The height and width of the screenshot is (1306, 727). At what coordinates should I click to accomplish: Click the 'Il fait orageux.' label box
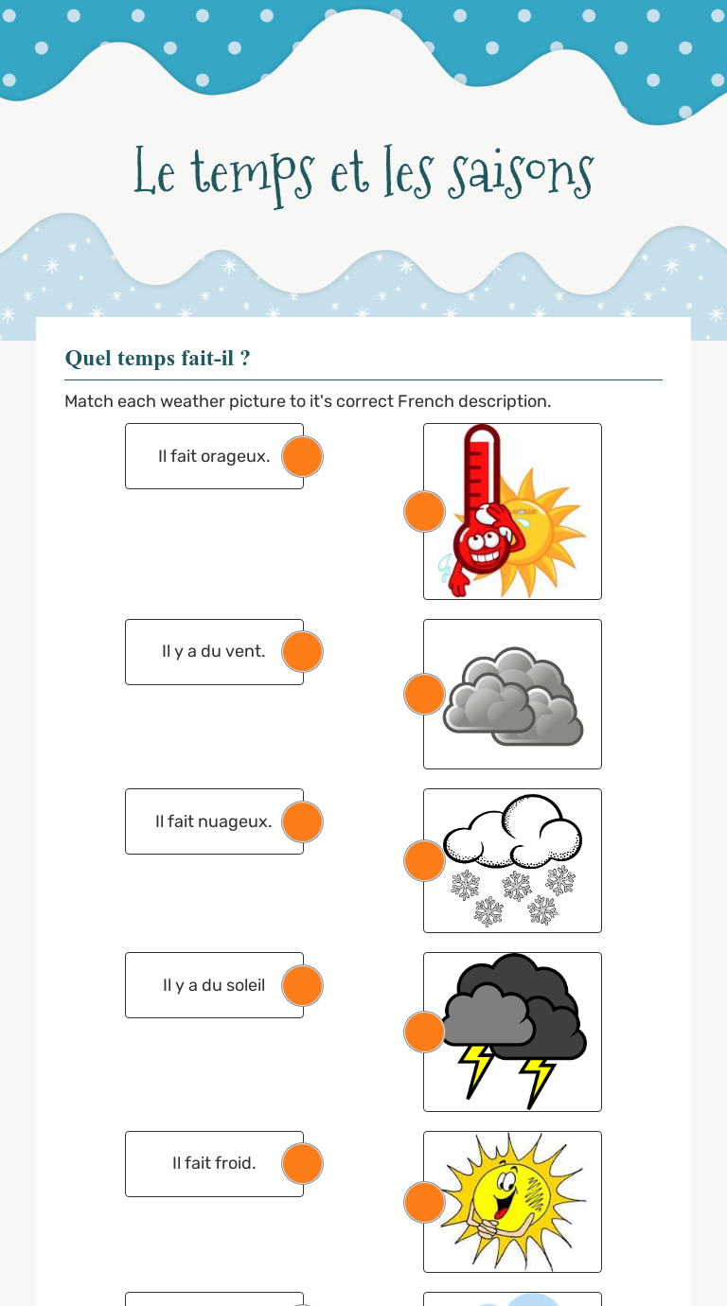point(214,456)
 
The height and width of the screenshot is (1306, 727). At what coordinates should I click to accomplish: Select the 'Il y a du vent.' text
point(213,651)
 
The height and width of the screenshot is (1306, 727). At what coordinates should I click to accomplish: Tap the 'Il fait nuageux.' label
point(213,821)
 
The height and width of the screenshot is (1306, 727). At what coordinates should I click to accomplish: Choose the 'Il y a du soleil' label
point(213,985)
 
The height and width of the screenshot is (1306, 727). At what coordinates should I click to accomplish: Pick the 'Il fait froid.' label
point(214,1163)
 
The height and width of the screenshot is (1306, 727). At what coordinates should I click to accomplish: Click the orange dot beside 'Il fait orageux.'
point(303,457)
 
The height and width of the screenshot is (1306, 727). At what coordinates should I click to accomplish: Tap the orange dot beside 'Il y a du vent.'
point(303,652)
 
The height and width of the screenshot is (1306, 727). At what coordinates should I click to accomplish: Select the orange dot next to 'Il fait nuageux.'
point(303,822)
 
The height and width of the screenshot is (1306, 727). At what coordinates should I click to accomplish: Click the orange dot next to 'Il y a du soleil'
point(303,986)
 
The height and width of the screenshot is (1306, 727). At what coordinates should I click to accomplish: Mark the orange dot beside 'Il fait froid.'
point(303,1164)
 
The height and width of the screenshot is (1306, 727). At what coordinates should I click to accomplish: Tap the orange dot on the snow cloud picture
point(424,861)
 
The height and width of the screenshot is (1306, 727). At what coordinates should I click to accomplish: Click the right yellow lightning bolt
point(538,1079)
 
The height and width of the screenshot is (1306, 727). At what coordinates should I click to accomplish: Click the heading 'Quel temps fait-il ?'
point(157,358)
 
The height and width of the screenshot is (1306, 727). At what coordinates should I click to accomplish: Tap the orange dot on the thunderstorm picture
point(424,1032)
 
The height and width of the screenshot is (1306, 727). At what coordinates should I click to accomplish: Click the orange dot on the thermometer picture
point(424,512)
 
